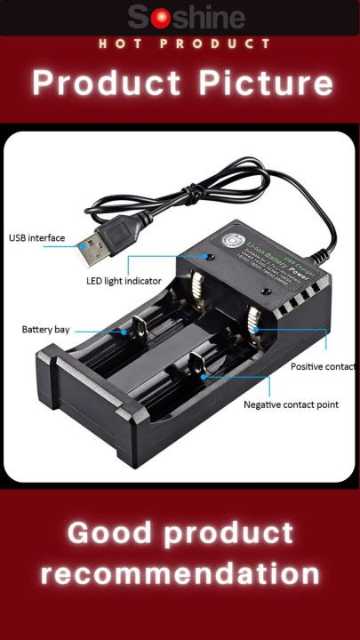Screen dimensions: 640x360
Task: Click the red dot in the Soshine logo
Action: click(x=160, y=18)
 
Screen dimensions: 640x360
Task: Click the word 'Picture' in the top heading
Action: click(x=267, y=84)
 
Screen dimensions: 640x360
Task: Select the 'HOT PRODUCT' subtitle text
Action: click(x=184, y=44)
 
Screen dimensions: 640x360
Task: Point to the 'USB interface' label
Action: click(x=37, y=237)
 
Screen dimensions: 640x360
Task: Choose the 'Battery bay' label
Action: click(x=45, y=330)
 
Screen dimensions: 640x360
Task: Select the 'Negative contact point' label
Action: click(x=291, y=405)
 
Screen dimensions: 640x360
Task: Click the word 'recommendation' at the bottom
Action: click(x=180, y=573)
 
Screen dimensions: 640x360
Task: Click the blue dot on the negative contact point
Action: click(x=203, y=376)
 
